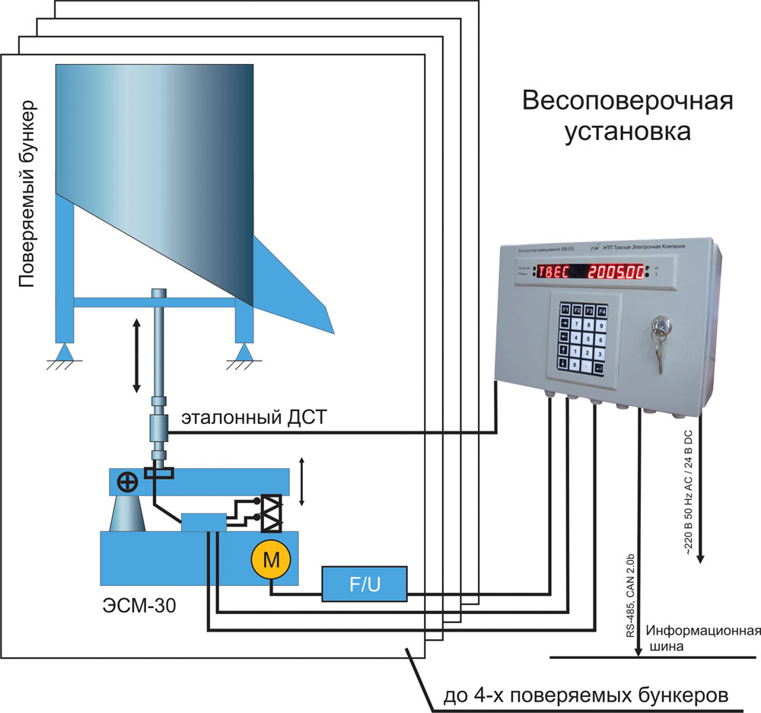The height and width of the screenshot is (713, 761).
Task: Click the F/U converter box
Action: (364, 583)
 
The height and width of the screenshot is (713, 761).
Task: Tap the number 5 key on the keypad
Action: (581, 339)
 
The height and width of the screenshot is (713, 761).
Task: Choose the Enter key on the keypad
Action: (600, 369)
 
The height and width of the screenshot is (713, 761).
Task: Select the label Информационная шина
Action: (704, 638)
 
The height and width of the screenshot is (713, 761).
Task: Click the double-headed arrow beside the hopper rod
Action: (137, 355)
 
